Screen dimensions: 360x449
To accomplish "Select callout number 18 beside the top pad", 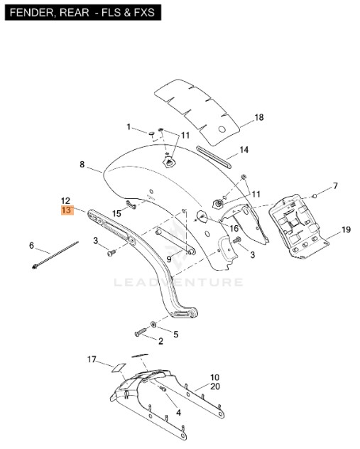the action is pos(259,117).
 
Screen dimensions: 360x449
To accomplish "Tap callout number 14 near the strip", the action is pos(244,150).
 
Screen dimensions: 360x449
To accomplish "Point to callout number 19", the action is pos(346,229).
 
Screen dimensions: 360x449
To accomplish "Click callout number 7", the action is pos(335,186).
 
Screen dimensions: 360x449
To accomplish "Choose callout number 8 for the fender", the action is pos(82,164).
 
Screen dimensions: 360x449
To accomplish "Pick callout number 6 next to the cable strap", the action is pos(31,245).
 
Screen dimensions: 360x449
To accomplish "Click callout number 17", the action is pos(92,359).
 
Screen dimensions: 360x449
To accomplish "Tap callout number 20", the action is pos(215,386).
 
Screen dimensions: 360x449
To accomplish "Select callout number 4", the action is pos(178,413).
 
